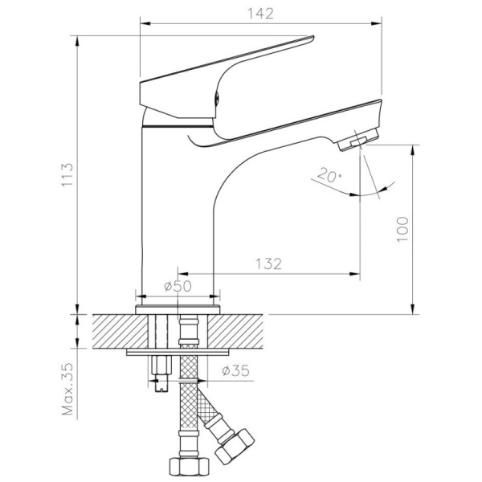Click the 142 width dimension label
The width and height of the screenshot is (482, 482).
(260, 14)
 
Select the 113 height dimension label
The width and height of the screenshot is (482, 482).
(67, 174)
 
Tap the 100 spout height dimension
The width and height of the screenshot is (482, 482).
(402, 229)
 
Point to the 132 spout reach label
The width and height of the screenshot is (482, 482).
(268, 263)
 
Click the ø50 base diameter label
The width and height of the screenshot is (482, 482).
(178, 286)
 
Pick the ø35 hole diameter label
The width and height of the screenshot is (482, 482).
(235, 370)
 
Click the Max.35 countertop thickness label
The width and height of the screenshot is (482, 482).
(67, 389)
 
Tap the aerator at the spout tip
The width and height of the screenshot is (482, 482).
(358, 140)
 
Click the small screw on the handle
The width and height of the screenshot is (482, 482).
(216, 98)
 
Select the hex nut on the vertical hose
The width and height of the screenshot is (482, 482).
(190, 467)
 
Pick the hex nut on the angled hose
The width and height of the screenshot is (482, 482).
(235, 446)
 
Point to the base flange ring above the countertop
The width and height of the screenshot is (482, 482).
(178, 309)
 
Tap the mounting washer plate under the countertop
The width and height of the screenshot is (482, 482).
(178, 353)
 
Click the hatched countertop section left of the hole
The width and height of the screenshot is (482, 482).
(120, 331)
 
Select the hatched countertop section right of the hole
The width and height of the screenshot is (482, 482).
(235, 331)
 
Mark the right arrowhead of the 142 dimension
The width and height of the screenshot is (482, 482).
(377, 23)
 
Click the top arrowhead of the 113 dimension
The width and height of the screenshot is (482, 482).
(77, 41)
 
